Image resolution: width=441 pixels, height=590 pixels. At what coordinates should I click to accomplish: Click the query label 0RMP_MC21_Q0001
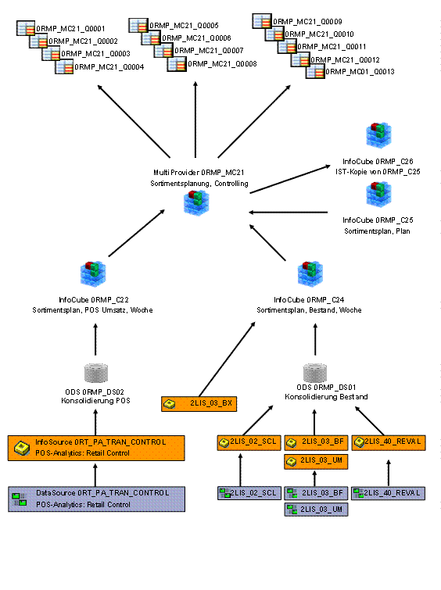(x=70, y=29)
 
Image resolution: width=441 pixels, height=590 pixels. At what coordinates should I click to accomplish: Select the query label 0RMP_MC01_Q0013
(x=360, y=71)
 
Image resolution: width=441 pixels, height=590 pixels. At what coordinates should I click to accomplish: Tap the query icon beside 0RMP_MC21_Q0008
(x=177, y=64)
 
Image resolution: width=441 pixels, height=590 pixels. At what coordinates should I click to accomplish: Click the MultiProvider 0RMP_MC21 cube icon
(x=196, y=203)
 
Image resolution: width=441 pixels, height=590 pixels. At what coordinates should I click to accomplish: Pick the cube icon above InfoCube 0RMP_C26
(x=378, y=134)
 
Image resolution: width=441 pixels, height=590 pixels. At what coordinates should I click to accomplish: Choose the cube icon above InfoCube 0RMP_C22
(x=93, y=274)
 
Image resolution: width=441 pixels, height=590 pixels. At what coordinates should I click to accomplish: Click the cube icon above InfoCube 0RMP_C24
(x=310, y=274)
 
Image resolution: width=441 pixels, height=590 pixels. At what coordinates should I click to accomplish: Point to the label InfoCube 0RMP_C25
(x=378, y=220)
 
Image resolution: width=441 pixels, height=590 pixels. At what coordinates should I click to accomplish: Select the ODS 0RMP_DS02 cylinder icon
(x=96, y=373)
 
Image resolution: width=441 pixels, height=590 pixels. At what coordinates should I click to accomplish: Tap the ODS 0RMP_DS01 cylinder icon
(x=315, y=373)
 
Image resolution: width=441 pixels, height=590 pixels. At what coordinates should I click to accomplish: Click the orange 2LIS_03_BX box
(x=199, y=404)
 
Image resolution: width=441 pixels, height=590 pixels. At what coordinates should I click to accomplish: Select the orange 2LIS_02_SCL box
(x=249, y=442)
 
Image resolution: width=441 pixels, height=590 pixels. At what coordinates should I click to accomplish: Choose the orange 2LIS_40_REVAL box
(x=389, y=442)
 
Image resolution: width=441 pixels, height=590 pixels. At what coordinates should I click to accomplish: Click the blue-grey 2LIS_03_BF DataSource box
(x=316, y=493)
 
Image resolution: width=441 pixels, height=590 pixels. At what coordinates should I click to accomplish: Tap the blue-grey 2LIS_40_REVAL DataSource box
(x=389, y=493)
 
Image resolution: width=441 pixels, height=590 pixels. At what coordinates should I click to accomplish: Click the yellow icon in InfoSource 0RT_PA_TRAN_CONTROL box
(x=22, y=448)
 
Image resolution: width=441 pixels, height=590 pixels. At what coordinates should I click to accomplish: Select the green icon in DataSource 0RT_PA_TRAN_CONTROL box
(x=20, y=499)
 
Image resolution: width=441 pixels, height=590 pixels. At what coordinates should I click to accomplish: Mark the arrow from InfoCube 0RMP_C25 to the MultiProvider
(x=288, y=213)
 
